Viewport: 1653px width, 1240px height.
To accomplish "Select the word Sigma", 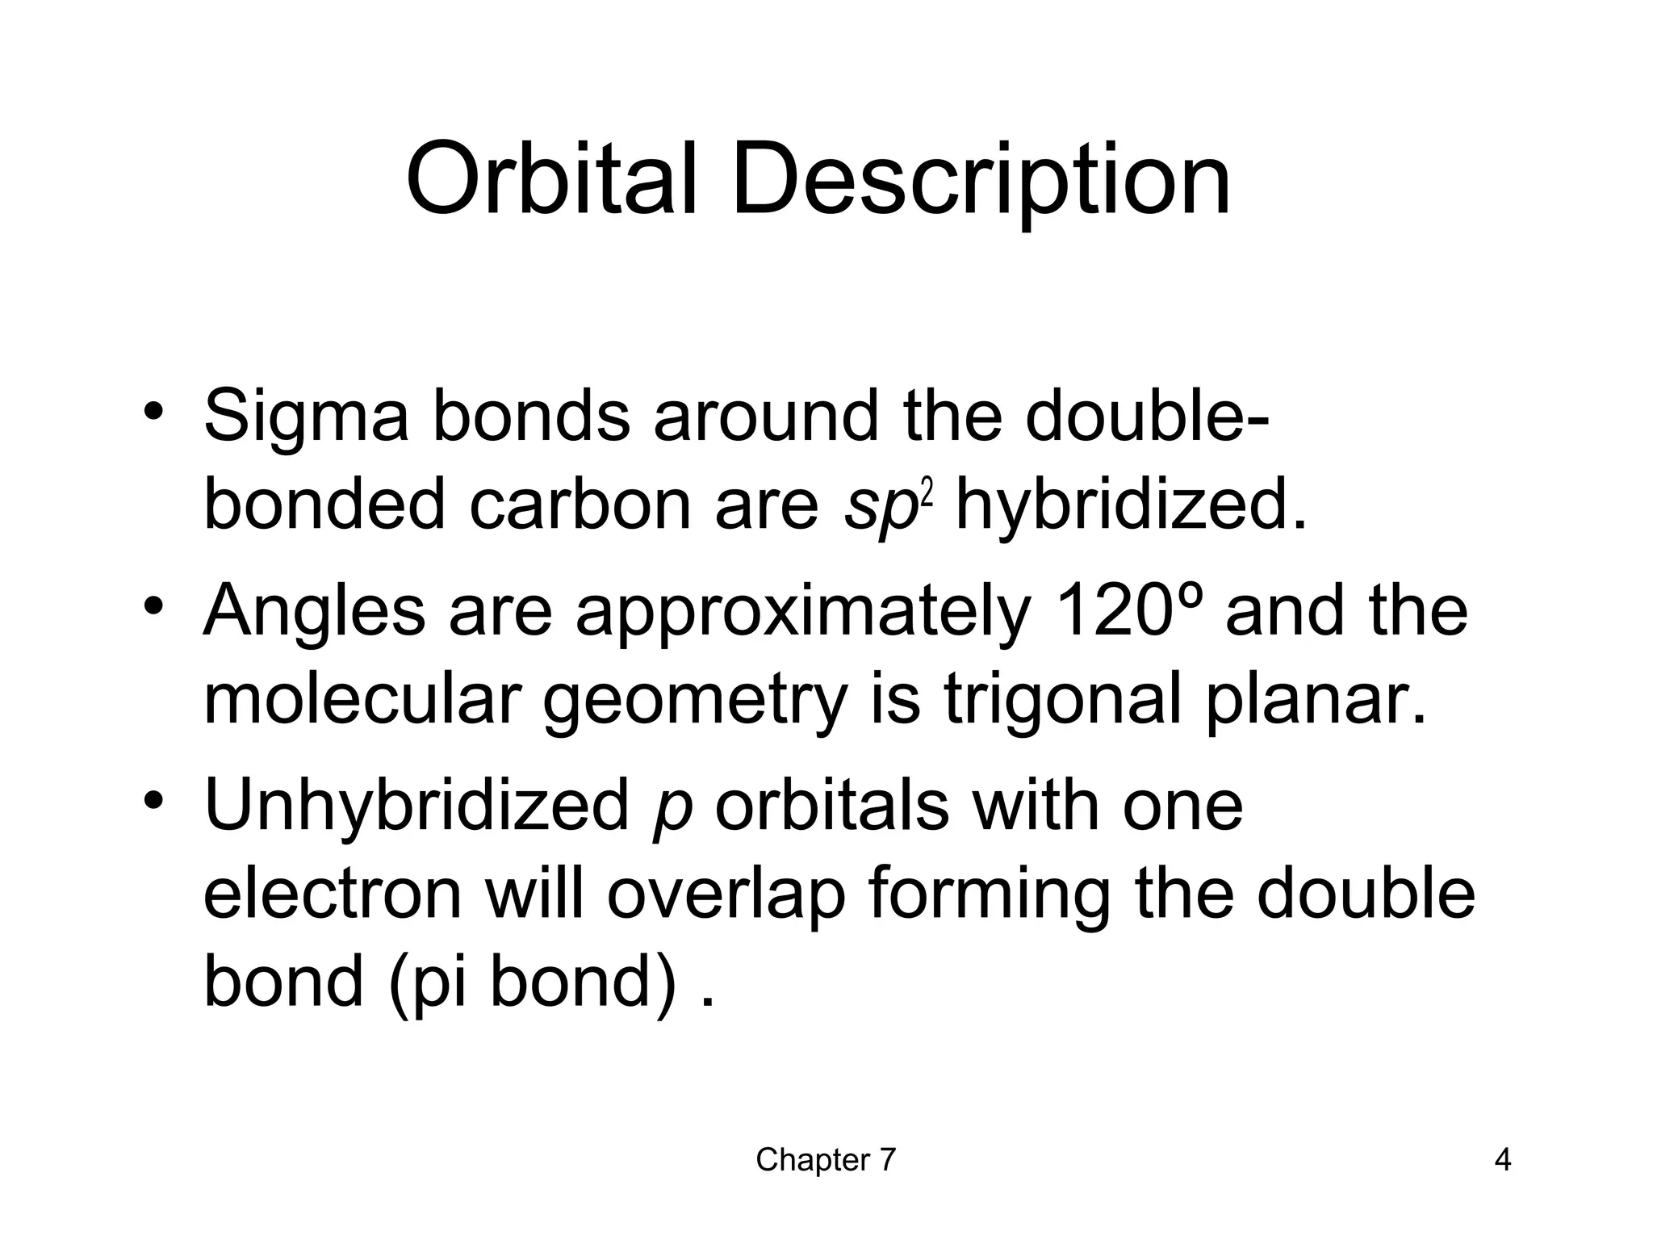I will pos(307,418).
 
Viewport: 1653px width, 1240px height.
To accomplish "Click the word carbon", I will pos(580,505).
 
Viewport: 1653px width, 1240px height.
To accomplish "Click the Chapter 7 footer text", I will pos(826,1160).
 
